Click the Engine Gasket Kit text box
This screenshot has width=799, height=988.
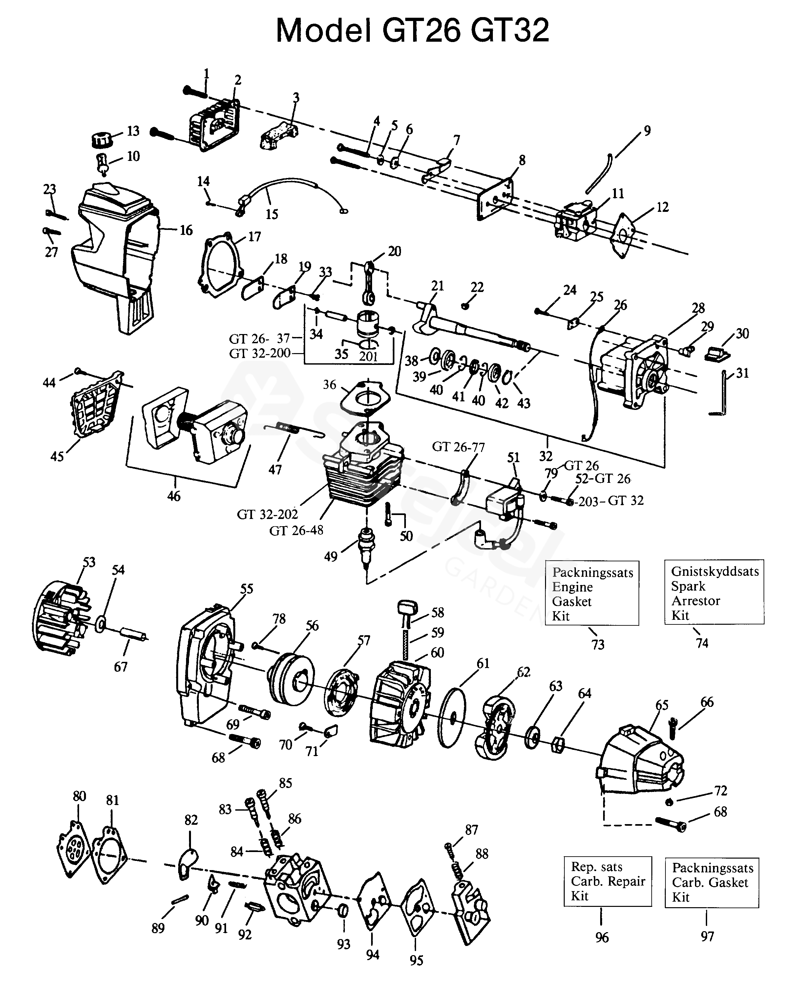(x=592, y=593)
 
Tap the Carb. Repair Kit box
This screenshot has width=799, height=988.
(x=607, y=881)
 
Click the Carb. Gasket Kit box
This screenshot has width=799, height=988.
(x=711, y=882)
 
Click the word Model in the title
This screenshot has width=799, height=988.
(x=324, y=31)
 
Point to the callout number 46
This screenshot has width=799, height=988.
(x=174, y=496)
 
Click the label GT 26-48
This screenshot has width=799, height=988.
(x=296, y=530)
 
